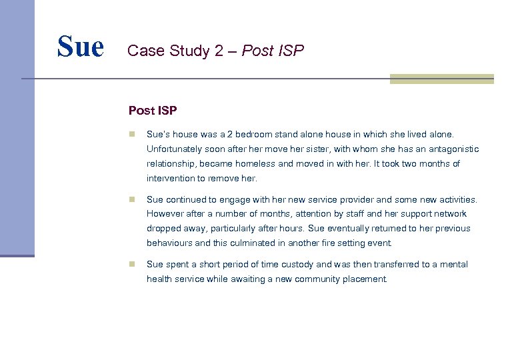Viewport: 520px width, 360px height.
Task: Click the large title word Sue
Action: click(81, 47)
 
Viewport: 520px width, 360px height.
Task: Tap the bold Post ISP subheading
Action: click(153, 110)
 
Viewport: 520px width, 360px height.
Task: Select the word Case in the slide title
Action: click(142, 51)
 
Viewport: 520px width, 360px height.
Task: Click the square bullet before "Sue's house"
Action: click(133, 134)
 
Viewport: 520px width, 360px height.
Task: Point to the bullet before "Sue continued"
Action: click(133, 199)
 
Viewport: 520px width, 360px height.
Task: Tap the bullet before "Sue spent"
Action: click(133, 265)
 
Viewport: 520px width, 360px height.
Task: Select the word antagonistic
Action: click(452, 149)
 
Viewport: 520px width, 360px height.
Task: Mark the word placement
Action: click(365, 279)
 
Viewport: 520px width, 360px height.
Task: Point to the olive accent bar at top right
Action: click(441, 79)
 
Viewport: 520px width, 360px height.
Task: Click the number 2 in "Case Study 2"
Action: click(219, 51)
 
